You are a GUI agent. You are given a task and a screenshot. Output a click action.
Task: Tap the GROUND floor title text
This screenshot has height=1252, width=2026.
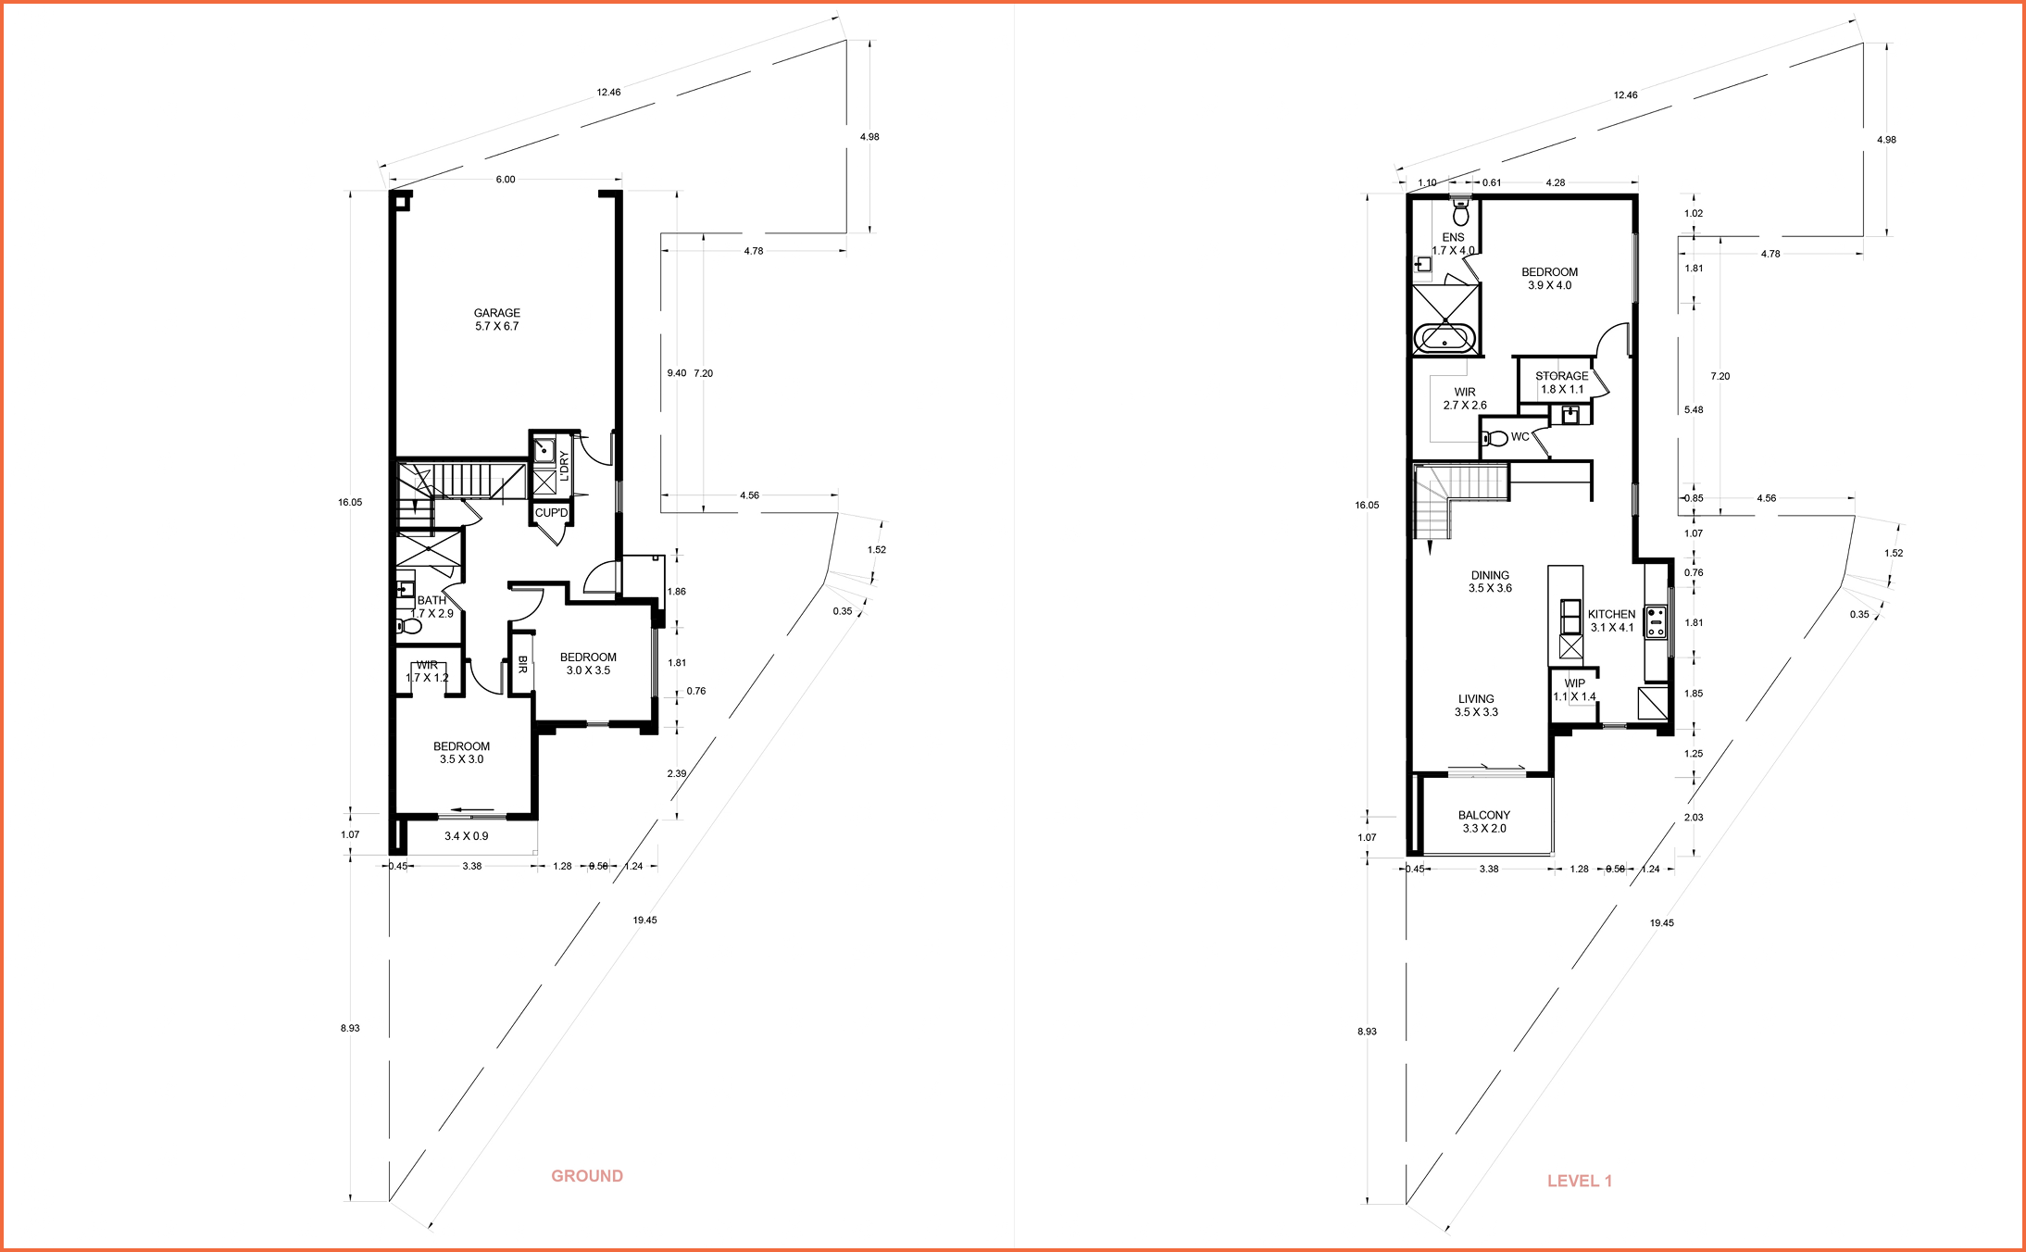click(587, 1176)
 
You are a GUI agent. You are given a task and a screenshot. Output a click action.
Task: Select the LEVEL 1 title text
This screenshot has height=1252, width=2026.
click(1580, 1181)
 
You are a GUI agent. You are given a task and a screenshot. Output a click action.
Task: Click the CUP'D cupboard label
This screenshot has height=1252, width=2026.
click(551, 513)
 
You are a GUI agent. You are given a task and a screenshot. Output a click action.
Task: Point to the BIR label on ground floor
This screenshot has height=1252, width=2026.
click(522, 664)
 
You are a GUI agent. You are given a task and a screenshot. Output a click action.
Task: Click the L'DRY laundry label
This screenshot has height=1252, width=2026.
click(564, 466)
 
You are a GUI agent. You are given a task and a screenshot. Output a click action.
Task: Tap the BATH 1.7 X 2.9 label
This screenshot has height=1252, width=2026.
click(432, 607)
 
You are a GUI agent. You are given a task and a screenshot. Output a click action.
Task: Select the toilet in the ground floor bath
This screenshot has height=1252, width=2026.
click(408, 627)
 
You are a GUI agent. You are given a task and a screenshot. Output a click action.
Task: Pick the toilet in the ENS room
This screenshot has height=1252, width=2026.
click(1461, 214)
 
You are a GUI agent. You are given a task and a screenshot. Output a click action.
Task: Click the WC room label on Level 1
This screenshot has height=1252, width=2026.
click(1519, 437)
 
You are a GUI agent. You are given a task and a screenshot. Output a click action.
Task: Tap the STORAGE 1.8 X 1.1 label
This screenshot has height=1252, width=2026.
click(1562, 382)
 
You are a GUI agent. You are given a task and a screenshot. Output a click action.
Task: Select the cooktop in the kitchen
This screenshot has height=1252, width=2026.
click(1656, 621)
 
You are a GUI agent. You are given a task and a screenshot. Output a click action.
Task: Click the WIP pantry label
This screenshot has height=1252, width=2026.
click(1574, 690)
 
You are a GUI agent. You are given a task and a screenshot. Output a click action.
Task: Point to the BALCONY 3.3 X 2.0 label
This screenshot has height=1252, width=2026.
click(1484, 821)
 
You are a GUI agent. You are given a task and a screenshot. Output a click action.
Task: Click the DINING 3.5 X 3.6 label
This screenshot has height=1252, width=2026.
click(1490, 582)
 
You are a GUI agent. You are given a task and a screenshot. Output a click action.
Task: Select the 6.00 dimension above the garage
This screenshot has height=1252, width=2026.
click(506, 180)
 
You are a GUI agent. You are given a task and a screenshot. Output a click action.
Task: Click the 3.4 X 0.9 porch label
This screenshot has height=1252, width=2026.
click(467, 836)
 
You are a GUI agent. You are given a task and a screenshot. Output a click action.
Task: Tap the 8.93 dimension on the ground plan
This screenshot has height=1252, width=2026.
click(350, 1028)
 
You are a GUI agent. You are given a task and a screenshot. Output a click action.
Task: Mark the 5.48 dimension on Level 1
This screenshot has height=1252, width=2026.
click(1694, 409)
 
